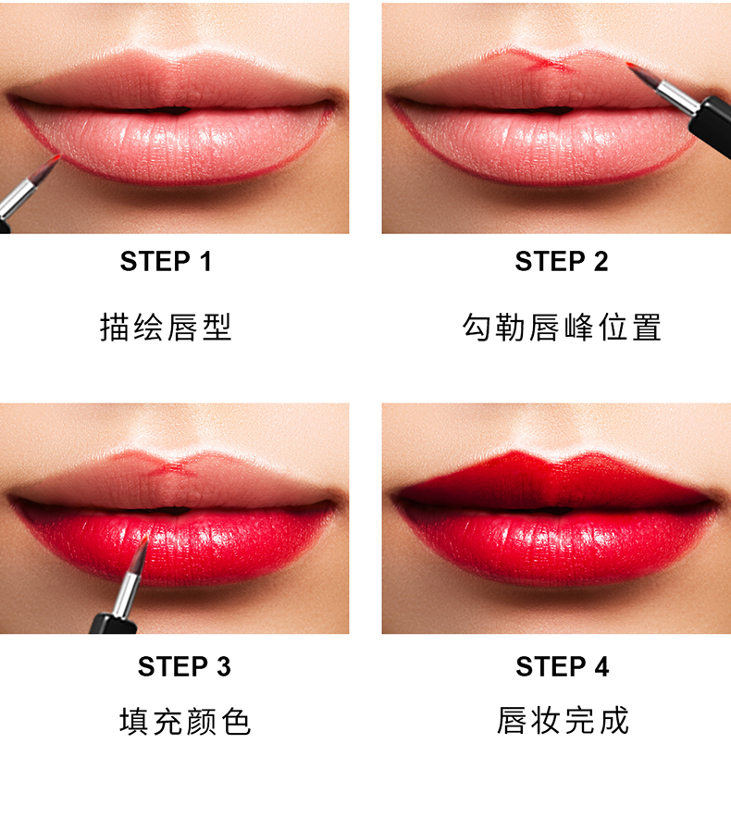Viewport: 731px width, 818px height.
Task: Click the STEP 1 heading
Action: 166,261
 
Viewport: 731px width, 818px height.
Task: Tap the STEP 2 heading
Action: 562,261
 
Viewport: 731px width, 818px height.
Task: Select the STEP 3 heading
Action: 184,666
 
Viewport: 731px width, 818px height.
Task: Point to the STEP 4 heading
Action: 562,666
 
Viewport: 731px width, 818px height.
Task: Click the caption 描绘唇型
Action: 166,327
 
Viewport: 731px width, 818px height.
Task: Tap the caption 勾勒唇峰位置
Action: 562,327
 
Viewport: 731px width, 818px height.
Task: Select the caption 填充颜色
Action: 185,722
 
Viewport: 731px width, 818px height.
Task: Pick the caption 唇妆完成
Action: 562,721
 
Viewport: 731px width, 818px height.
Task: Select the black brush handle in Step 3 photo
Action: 113,624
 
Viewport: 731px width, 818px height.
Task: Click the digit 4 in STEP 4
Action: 601,667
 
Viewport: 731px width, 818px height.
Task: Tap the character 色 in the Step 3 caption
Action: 236,722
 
